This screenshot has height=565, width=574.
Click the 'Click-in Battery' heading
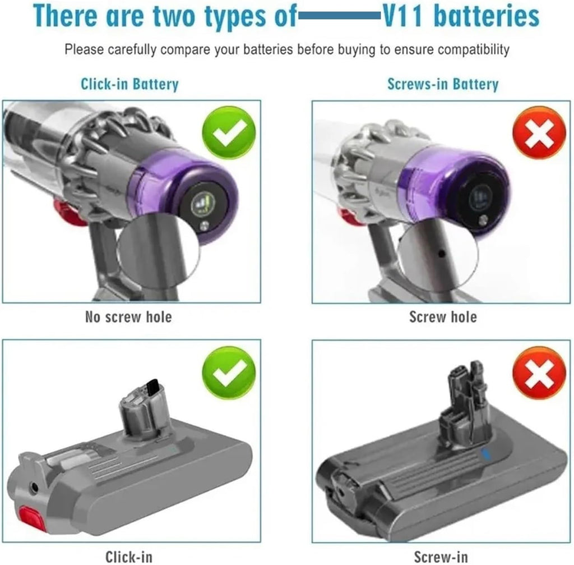[129, 84]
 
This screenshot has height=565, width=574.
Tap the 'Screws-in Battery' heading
[443, 84]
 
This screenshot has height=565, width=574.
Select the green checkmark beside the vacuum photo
[229, 132]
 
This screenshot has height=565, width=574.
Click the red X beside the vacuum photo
[539, 132]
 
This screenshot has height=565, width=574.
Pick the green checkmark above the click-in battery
[229, 373]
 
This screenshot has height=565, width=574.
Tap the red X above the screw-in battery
[539, 373]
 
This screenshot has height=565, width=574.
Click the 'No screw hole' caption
[128, 317]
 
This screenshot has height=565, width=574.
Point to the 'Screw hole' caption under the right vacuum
[443, 317]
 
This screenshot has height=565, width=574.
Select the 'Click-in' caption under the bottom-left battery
[129, 557]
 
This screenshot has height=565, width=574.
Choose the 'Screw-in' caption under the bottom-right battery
[441, 557]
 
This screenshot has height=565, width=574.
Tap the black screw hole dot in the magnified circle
[442, 254]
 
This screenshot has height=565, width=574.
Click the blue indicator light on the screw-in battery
[485, 454]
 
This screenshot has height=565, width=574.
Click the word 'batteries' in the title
[487, 16]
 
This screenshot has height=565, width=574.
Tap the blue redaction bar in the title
[340, 16]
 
